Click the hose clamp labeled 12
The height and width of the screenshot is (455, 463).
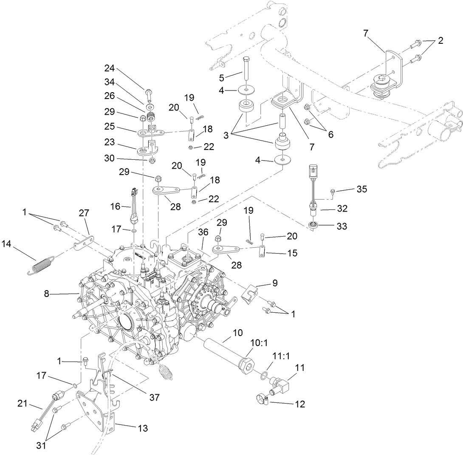coord(263,398)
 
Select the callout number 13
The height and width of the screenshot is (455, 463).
coord(143,428)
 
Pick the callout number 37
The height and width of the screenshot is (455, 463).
coord(154,397)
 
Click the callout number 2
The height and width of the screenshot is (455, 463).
coord(440,41)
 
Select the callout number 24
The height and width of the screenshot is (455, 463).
coord(110,69)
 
